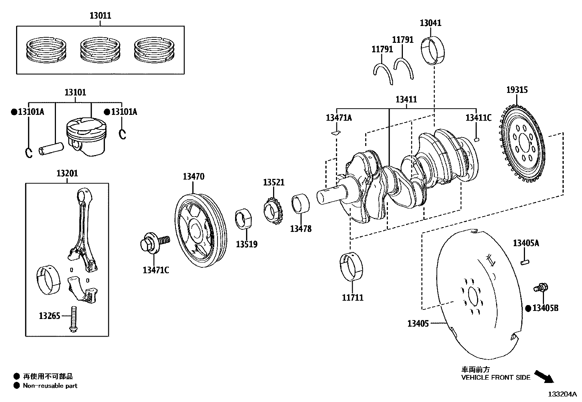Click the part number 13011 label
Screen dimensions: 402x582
pos(100,16)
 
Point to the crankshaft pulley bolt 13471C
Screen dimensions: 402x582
pos(153,243)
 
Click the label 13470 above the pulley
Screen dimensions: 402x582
pos(193,177)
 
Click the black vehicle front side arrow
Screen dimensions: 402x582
pos(544,376)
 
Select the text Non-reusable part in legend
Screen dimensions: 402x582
pos(50,386)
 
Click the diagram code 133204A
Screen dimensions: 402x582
pos(562,394)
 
